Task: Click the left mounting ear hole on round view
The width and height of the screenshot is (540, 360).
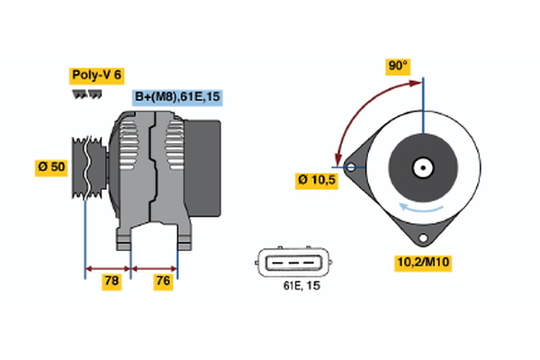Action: click(348, 166)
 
